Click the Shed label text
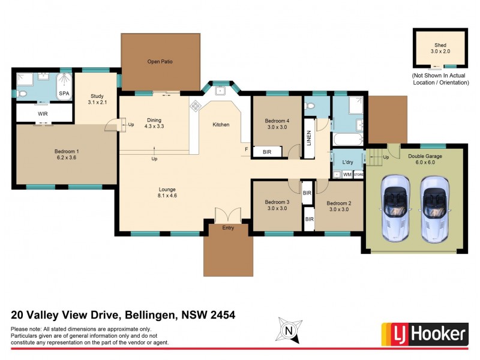tap(440, 45)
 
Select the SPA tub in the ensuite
tap(64, 88)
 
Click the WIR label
tap(43, 113)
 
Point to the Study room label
tap(97, 96)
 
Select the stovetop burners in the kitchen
tap(196, 106)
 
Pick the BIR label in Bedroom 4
tap(267, 152)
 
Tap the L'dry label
tap(347, 163)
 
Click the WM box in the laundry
tap(347, 175)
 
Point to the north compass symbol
tap(289, 329)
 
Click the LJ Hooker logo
tap(424, 333)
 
